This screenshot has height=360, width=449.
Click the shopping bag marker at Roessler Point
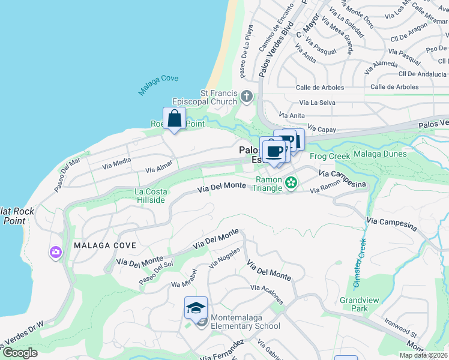[x=174, y=118]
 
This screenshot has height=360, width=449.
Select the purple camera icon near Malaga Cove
[x=56, y=253]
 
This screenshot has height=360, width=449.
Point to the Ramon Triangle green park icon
[x=292, y=182]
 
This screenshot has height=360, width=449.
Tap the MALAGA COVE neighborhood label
[x=105, y=245]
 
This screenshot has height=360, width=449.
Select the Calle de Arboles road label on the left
[x=320, y=88]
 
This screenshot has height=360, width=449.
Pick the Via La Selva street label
[x=299, y=103]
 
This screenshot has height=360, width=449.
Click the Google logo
[x=20, y=353]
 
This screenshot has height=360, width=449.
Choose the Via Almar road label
[x=159, y=166]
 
